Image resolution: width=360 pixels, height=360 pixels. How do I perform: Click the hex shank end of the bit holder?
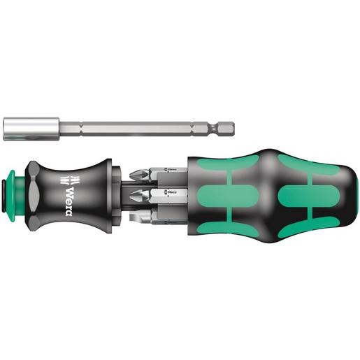pyautogui.click(x=227, y=129)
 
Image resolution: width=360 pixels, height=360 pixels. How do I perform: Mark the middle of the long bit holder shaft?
pyautogui.click(x=133, y=129)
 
